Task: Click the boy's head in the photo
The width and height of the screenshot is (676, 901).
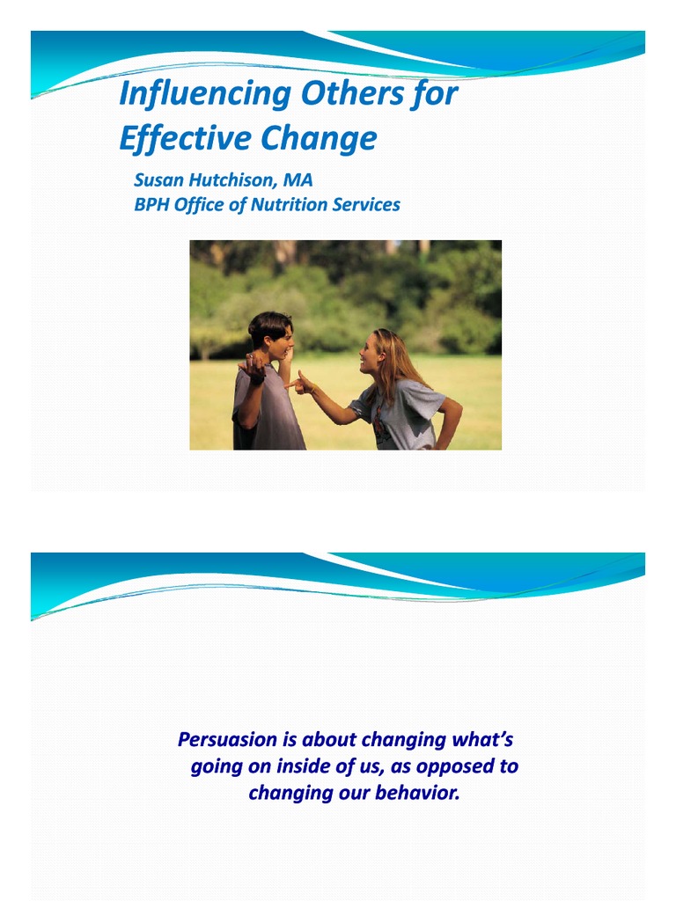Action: (x=269, y=333)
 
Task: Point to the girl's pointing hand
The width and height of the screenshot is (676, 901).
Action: (x=302, y=383)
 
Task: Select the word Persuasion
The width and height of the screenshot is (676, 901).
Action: (x=227, y=739)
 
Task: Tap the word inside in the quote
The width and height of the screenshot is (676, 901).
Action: (x=309, y=766)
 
